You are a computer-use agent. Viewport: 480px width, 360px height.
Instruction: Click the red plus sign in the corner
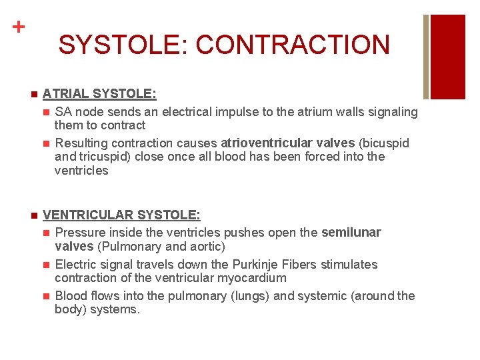point(19,27)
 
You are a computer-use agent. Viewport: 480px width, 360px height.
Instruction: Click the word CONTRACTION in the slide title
point(293,45)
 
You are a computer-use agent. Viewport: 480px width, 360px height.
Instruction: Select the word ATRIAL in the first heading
point(65,95)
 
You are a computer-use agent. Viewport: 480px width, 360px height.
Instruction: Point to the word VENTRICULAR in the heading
point(87,215)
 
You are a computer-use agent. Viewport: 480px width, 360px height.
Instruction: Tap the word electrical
point(197,112)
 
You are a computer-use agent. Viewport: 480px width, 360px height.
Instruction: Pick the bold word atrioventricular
point(287,143)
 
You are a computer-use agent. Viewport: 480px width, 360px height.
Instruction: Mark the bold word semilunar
point(351,233)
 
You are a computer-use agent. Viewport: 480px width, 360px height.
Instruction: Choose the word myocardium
point(253,278)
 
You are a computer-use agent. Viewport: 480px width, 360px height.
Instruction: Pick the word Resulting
point(81,143)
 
